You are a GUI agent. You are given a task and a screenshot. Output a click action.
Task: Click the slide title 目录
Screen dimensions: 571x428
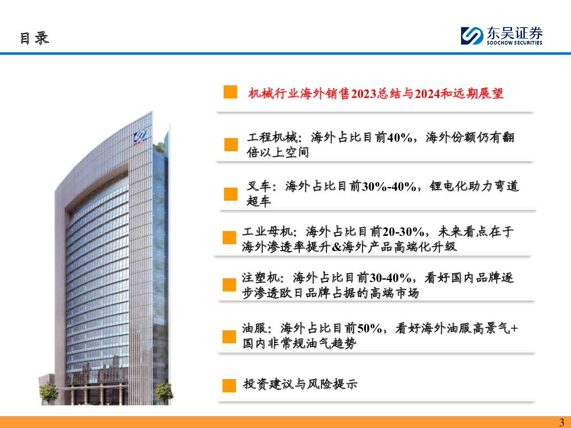pos(35,38)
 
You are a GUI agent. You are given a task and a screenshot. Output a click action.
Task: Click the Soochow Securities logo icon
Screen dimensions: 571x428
pos(472,36)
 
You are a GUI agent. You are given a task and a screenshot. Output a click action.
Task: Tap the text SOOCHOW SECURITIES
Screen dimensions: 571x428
pos(514,43)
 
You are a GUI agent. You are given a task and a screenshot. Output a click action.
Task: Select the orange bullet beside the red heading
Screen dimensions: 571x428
pos(230,92)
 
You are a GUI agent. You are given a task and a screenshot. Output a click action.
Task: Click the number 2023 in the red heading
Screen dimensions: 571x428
pos(364,94)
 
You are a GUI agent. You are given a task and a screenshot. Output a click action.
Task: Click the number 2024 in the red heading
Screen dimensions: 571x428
pos(428,94)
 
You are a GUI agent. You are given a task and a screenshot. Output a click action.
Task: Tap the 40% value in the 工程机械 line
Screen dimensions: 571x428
pos(400,137)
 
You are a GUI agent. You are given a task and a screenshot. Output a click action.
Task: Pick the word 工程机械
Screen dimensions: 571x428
pos(272,137)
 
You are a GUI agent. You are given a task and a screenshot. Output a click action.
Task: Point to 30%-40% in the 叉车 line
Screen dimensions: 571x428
pos(389,186)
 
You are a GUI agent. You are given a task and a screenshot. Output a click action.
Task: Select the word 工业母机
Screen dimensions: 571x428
pos(267,232)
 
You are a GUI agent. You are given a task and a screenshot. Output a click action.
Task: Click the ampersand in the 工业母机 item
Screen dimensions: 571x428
pos(337,247)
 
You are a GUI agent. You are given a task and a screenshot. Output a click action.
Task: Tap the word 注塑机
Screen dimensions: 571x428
pos(261,278)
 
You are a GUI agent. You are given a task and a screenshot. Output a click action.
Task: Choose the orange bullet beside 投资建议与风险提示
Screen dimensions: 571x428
pos(229,385)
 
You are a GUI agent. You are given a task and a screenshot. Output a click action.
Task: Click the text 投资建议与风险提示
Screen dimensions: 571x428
pos(300,384)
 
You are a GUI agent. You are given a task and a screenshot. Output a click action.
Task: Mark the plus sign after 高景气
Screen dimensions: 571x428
pos(514,329)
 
